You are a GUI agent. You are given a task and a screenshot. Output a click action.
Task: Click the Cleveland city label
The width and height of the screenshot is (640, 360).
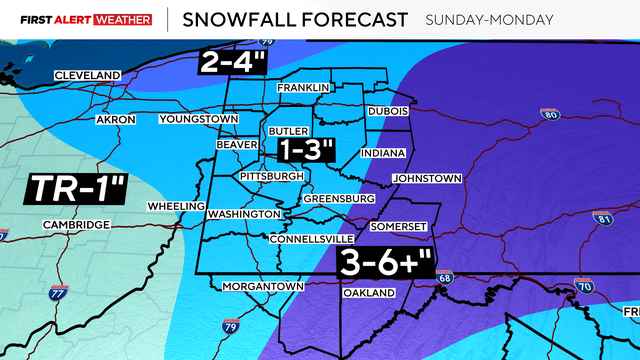coord(87,76)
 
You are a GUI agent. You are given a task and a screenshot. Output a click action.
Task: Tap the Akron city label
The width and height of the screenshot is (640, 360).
coord(115,120)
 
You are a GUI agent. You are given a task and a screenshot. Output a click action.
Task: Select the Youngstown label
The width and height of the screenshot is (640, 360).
coord(199,120)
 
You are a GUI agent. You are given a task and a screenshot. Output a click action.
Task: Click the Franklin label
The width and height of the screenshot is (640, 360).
coord(303,88)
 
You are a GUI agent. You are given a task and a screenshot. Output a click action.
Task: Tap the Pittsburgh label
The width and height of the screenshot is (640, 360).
coord(271,176)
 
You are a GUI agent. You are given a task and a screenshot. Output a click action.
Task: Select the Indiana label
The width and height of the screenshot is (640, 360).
coord(384,153)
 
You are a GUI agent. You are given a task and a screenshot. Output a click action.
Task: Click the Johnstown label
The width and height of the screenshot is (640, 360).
coord(427,179)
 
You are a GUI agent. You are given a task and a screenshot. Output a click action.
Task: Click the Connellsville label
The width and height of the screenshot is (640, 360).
coord(311,239)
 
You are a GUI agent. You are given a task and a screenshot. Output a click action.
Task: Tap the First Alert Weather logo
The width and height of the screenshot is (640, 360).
coord(77,19)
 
